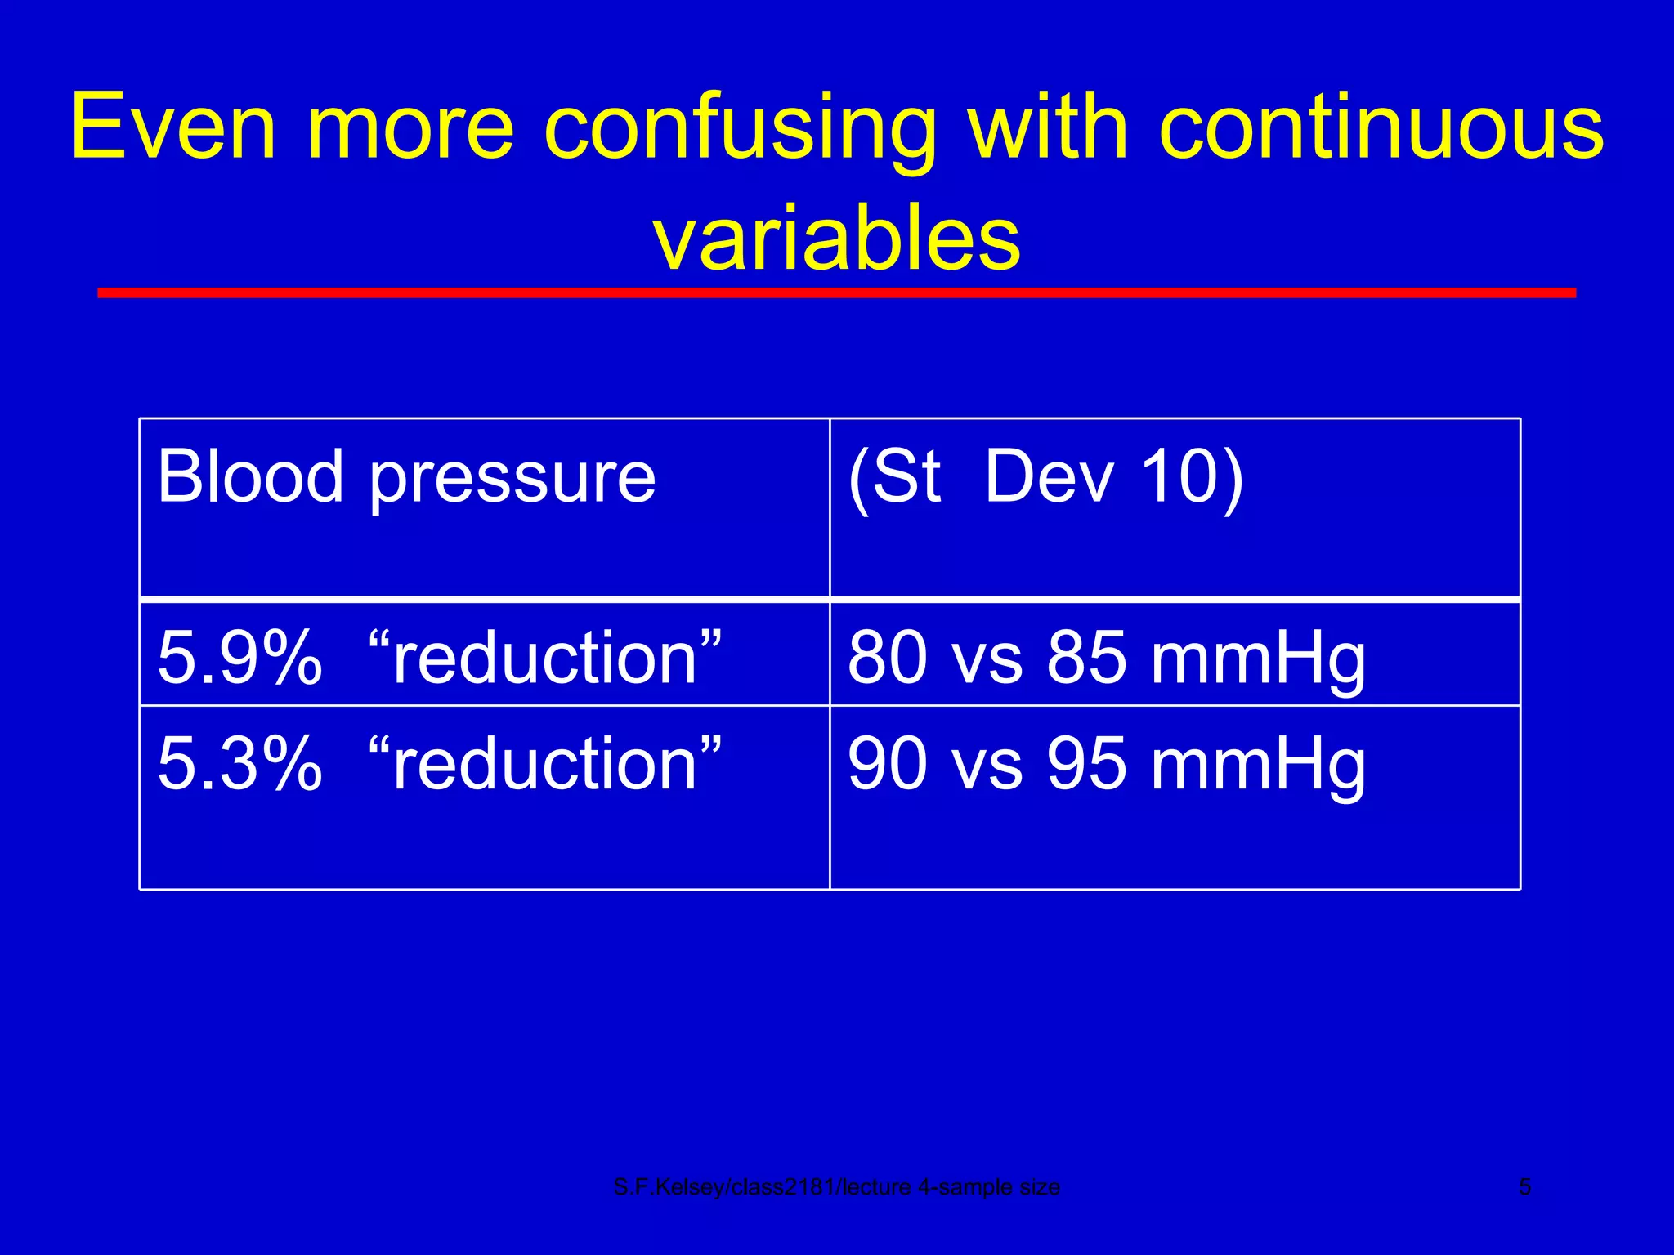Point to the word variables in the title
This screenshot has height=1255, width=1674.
tap(836, 239)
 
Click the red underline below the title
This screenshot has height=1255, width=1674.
tap(836, 293)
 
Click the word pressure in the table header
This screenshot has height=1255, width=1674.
tap(512, 482)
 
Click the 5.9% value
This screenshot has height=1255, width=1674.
tap(239, 658)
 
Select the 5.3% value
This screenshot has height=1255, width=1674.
tap(239, 764)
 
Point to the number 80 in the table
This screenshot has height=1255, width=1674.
tap(888, 658)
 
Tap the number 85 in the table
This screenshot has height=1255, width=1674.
tap(1087, 658)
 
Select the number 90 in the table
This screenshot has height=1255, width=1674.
tap(888, 764)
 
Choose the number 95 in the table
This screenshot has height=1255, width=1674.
tap(1087, 764)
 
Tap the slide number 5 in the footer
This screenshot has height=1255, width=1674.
tap(1524, 1186)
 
